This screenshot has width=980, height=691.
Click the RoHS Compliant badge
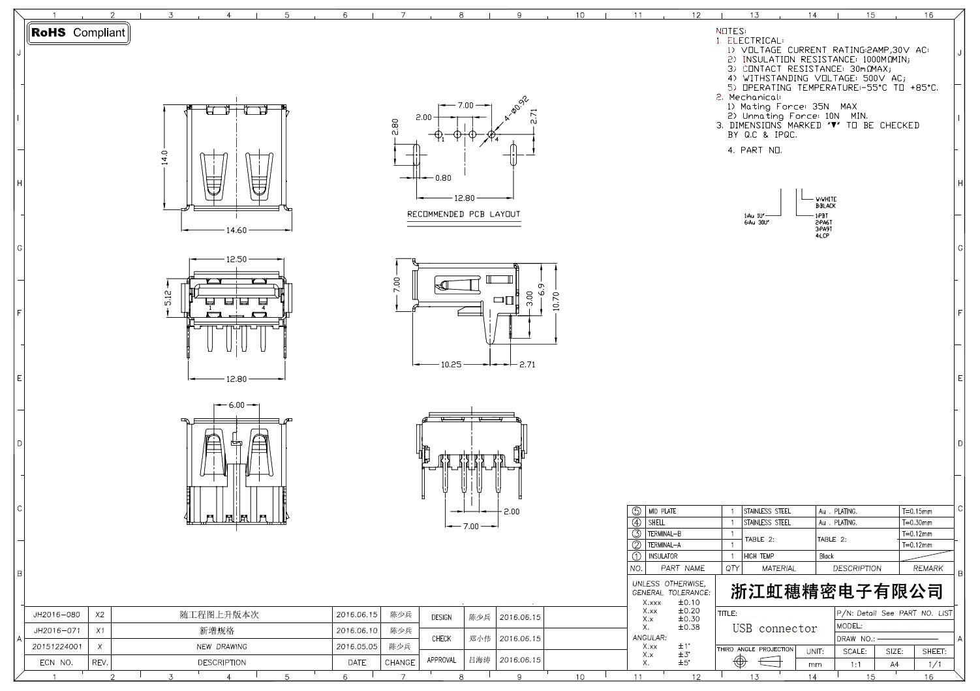click(78, 33)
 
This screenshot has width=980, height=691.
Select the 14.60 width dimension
click(236, 230)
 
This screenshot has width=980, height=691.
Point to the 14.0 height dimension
click(165, 157)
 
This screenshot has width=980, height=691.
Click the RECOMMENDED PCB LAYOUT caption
click(463, 214)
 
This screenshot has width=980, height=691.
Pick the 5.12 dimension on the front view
click(168, 298)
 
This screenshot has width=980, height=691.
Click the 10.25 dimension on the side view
click(451, 364)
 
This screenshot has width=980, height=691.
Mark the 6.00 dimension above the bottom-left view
click(236, 405)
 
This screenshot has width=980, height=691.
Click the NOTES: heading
click(731, 31)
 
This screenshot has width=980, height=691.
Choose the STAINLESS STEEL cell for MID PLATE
click(767, 512)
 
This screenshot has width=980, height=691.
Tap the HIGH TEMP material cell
click(759, 557)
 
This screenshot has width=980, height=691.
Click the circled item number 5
click(637, 512)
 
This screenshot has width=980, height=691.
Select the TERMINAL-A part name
click(664, 545)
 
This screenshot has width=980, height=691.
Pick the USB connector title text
click(774, 628)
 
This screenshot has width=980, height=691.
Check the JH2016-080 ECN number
click(57, 615)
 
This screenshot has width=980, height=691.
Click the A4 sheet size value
click(894, 664)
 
